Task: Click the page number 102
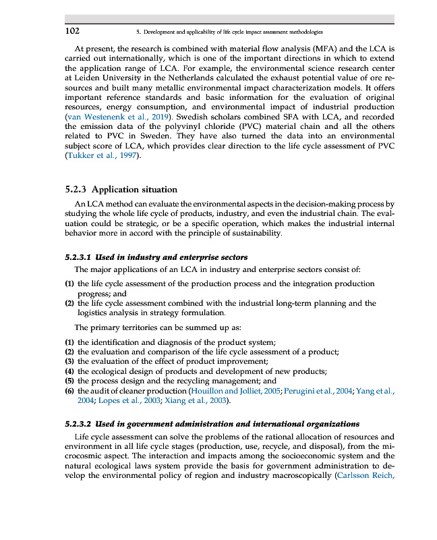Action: click(x=72, y=31)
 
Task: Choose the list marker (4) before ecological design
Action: click(x=69, y=371)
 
